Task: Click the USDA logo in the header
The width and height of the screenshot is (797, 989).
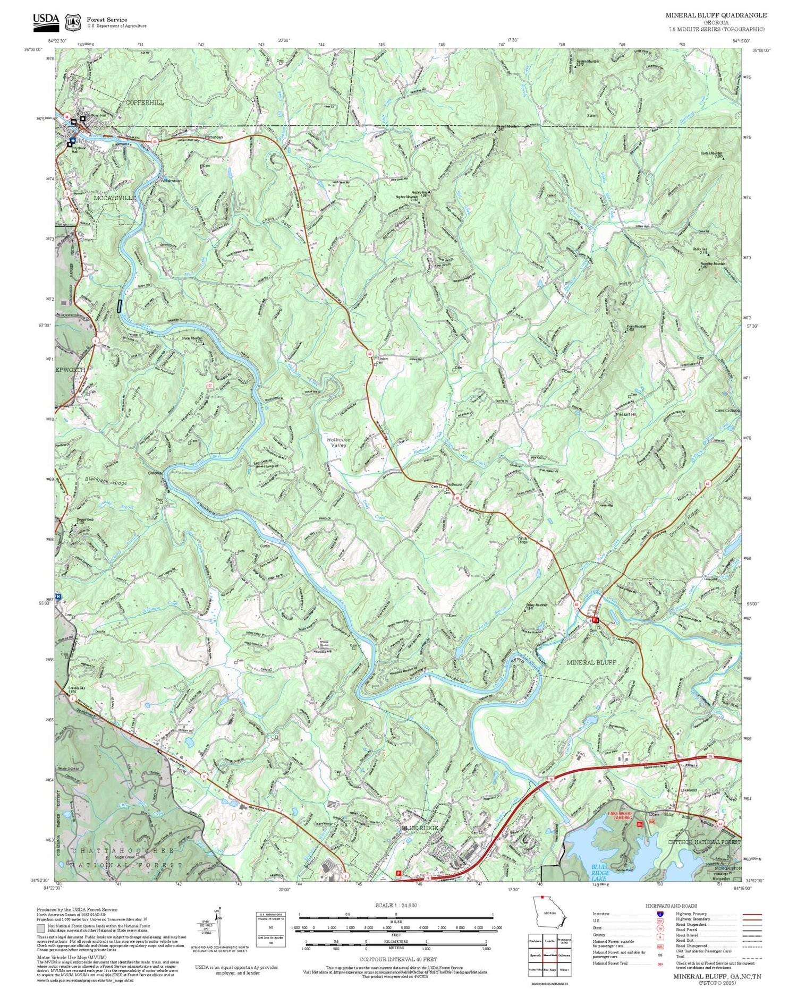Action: coord(46,20)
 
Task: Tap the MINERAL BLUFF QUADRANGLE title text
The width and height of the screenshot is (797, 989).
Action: coord(716,15)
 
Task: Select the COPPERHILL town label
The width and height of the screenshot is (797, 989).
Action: coord(145,102)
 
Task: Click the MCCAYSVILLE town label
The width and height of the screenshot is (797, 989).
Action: coord(115,198)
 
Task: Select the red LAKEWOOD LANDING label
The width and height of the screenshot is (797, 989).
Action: coord(620,815)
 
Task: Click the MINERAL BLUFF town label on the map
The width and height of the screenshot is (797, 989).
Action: coord(591,662)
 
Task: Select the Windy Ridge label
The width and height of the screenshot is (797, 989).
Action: coord(523,540)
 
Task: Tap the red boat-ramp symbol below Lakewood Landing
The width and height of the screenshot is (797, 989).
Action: coord(640,824)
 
